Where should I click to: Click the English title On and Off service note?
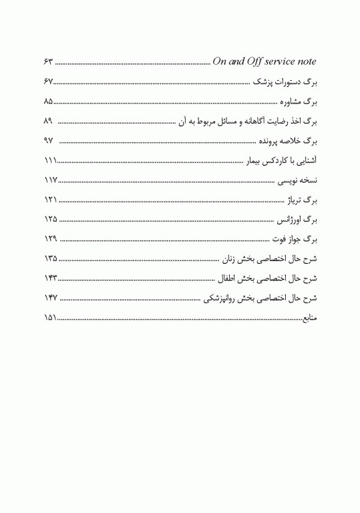pos(264,62)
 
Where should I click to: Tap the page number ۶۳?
pos(48,63)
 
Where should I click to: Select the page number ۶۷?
pos(48,82)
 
